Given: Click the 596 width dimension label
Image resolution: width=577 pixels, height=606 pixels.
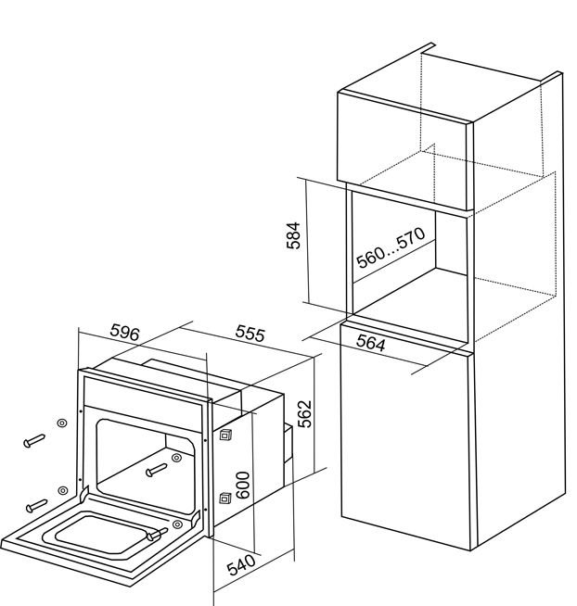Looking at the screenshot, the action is pyautogui.click(x=124, y=332).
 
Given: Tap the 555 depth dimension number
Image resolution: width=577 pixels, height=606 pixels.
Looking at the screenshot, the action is pyautogui.click(x=250, y=333).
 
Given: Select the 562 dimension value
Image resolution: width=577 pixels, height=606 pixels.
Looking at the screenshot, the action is pyautogui.click(x=305, y=413).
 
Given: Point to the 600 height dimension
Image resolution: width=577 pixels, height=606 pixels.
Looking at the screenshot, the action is pyautogui.click(x=243, y=485).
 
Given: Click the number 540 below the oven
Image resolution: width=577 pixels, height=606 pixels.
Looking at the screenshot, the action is pyautogui.click(x=241, y=564).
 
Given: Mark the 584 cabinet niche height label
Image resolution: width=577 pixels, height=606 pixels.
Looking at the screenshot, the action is pyautogui.click(x=293, y=235).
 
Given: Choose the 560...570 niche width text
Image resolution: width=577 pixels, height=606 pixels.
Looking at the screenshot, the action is pyautogui.click(x=391, y=247).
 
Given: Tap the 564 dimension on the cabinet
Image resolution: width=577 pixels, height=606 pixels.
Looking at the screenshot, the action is pyautogui.click(x=371, y=343).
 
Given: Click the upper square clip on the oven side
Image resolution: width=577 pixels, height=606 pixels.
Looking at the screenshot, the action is pyautogui.click(x=225, y=435).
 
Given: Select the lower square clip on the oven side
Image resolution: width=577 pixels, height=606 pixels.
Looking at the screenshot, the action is pyautogui.click(x=225, y=499).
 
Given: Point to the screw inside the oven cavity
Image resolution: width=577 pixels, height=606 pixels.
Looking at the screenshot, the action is pyautogui.click(x=157, y=470).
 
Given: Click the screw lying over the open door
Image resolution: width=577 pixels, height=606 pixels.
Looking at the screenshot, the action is pyautogui.click(x=157, y=534).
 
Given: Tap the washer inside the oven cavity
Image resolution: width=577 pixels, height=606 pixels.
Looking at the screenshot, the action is pyautogui.click(x=176, y=458).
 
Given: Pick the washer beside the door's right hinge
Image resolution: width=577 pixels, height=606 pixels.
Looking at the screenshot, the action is pyautogui.click(x=177, y=524).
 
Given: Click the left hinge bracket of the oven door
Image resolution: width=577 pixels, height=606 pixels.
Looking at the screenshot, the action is pyautogui.click(x=84, y=493).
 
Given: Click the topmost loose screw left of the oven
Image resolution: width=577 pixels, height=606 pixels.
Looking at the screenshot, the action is pyautogui.click(x=34, y=441).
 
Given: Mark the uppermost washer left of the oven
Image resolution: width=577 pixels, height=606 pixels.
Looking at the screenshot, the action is pyautogui.click(x=62, y=423).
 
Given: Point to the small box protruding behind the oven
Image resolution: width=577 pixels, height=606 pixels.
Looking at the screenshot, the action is pyautogui.click(x=288, y=443).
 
